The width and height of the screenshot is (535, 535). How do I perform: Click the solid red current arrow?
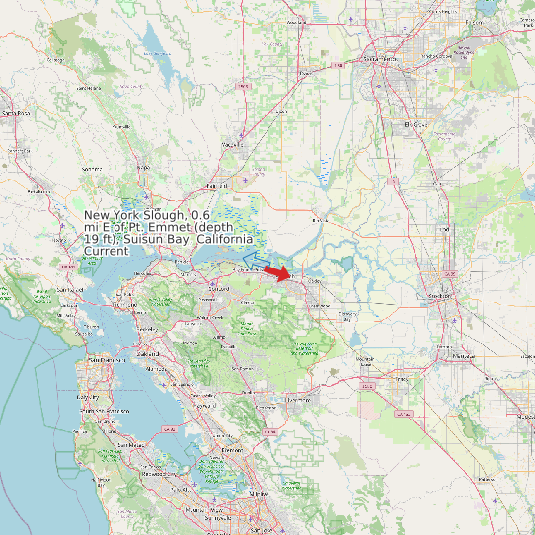click(279, 273)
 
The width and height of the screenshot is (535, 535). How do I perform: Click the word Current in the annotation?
click(106, 252)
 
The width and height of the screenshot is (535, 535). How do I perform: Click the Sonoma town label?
click(92, 169)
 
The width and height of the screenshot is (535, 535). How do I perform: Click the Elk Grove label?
click(417, 125)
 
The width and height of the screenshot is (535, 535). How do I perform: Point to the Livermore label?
click(297, 399)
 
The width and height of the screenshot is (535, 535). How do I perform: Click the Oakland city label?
click(148, 352)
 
